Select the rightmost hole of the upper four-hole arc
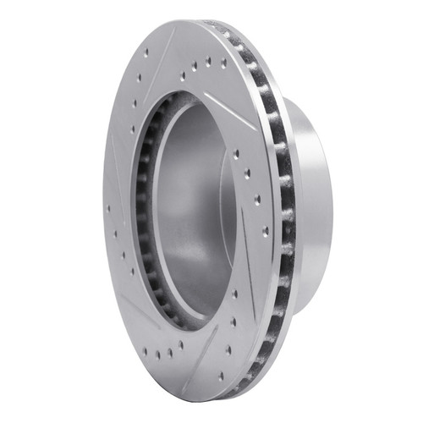[x=222, y=62]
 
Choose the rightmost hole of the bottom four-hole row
[x=180, y=344]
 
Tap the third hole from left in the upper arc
[x=208, y=62]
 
